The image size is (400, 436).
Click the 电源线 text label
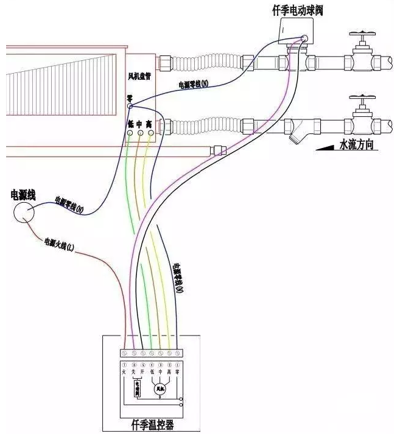[23, 194]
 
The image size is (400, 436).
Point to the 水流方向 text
[356, 146]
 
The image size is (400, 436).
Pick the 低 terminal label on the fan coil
[130, 122]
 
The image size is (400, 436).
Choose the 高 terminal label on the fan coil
[149, 122]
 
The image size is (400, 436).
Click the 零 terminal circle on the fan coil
[130, 105]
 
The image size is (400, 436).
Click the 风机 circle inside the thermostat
[161, 388]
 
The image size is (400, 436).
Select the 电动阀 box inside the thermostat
[137, 387]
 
